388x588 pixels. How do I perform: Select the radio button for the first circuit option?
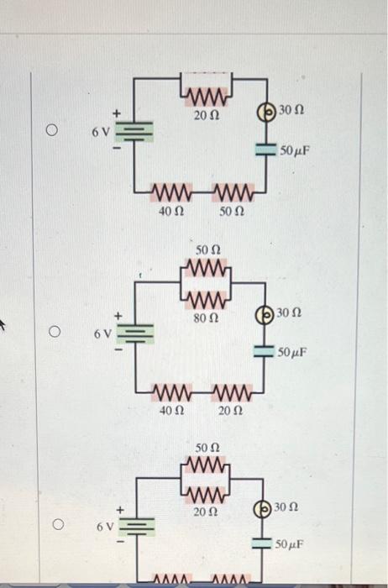[x=52, y=131]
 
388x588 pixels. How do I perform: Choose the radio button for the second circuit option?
[x=52, y=333]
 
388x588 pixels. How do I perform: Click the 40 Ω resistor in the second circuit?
[x=171, y=392]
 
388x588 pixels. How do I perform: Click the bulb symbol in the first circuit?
[x=265, y=111]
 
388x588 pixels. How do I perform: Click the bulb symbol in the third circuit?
[x=264, y=509]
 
